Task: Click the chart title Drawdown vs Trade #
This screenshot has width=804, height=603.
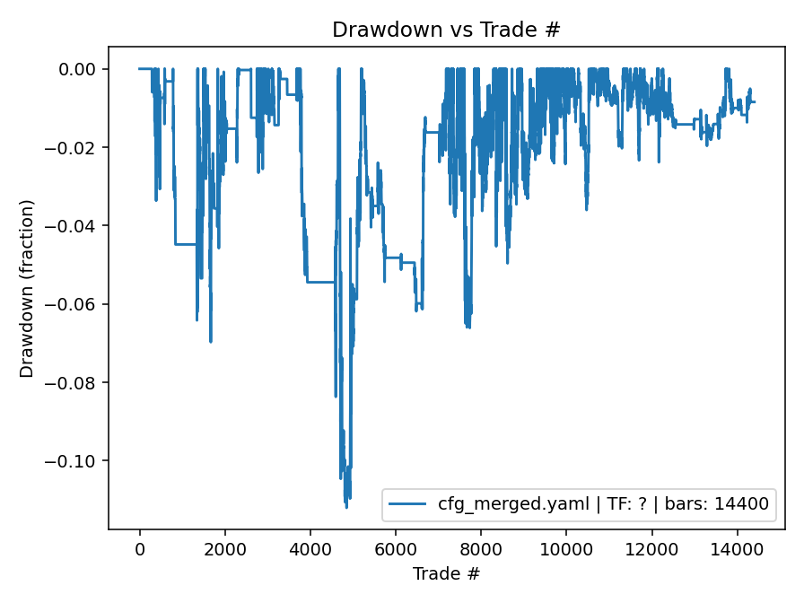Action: (446, 29)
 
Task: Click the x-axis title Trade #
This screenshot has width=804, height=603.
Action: (446, 573)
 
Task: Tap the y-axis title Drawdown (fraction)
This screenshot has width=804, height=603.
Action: (27, 288)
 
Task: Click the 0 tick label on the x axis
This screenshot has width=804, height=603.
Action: (140, 549)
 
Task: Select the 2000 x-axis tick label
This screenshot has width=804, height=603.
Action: (225, 549)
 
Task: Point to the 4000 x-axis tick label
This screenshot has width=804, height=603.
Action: (310, 549)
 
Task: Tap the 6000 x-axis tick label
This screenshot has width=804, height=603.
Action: (396, 549)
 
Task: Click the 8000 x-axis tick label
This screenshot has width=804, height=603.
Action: (481, 549)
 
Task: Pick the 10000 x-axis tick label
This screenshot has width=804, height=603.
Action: (566, 549)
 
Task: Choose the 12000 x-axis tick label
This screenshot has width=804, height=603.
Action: (651, 549)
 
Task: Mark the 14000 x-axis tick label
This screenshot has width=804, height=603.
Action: (737, 549)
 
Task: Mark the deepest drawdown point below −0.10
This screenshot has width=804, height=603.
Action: (346, 508)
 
